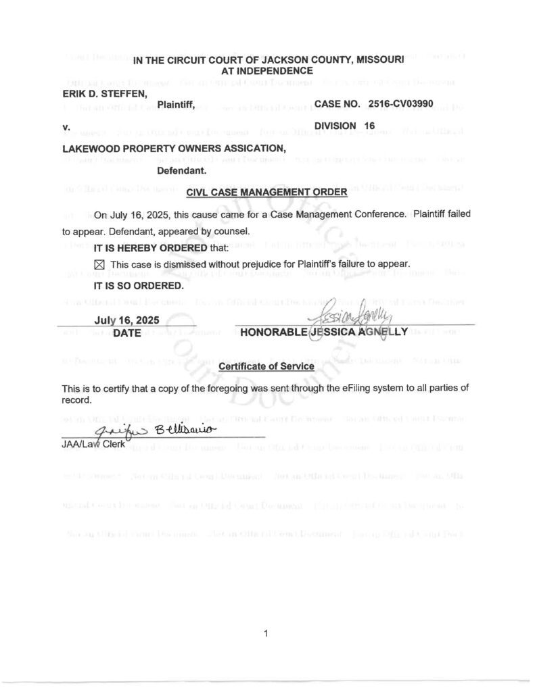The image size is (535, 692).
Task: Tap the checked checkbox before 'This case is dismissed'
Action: (x=98, y=264)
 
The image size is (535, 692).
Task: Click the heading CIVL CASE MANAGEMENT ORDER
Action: (x=266, y=193)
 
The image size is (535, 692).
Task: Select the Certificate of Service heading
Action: (x=266, y=366)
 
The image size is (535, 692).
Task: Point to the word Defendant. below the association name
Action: (x=182, y=171)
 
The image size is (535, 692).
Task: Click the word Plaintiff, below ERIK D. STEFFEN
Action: (x=176, y=104)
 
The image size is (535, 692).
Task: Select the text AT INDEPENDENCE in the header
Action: (x=267, y=70)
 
